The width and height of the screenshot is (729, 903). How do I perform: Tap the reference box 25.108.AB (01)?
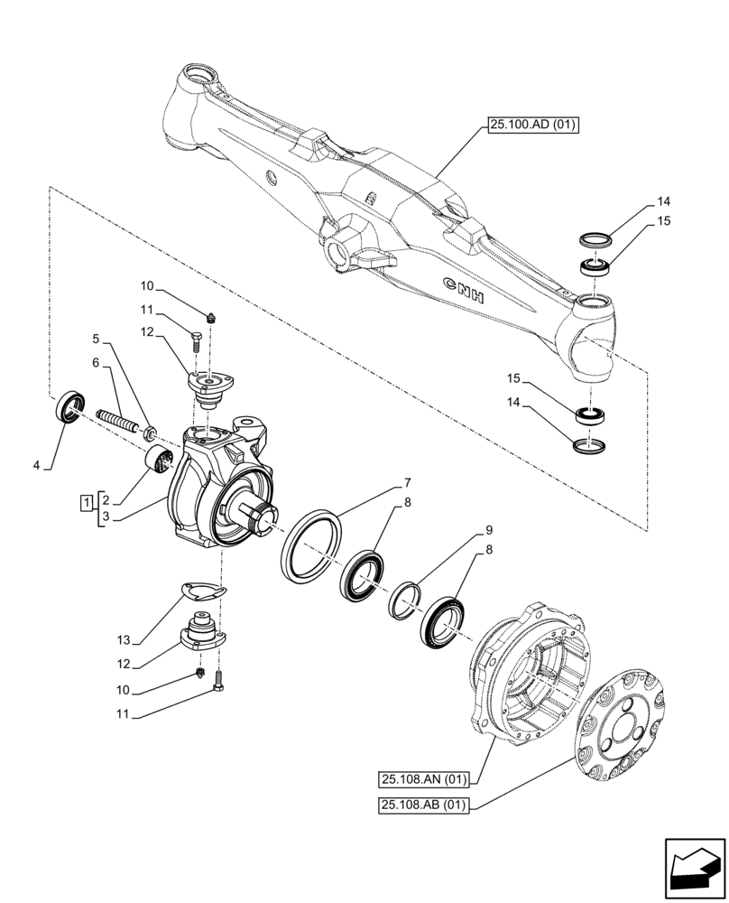tap(423, 806)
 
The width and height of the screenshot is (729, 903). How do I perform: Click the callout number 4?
tap(37, 466)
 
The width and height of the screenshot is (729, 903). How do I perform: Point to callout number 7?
tap(409, 482)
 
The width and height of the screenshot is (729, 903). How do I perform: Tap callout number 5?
tap(96, 340)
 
